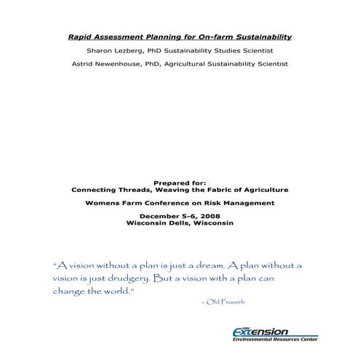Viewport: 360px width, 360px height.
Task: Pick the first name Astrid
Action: point(84,64)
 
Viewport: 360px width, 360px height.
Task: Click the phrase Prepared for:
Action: point(180,183)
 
